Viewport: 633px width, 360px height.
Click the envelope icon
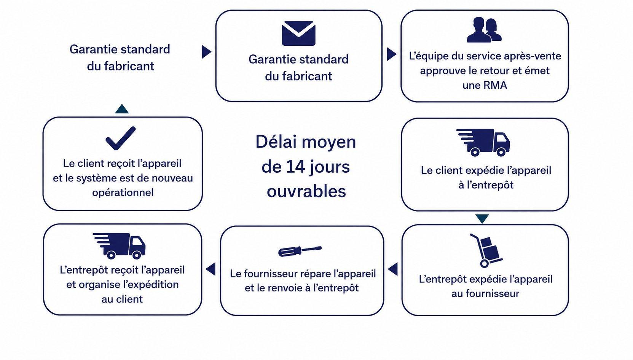click(298, 33)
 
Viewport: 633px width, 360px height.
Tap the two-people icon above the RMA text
click(484, 30)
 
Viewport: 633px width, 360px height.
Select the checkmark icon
click(121, 138)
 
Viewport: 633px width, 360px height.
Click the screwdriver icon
click(300, 251)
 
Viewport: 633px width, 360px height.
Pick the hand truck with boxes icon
click(485, 250)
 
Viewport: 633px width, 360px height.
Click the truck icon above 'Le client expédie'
click(483, 142)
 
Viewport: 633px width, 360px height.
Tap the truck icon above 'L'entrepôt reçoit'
click(119, 246)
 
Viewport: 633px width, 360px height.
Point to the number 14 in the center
click(296, 167)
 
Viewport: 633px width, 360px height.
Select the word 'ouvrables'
click(306, 191)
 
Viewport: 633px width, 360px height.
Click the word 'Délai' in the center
click(275, 142)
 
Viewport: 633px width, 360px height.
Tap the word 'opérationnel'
click(123, 193)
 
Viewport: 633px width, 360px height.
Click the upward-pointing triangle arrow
click(122, 109)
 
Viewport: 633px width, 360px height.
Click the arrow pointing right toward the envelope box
click(206, 52)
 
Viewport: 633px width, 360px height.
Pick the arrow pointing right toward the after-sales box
click(391, 54)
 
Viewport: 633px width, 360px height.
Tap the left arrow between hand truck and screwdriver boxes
click(393, 269)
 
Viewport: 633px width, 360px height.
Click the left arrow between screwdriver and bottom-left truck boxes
click(210, 269)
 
